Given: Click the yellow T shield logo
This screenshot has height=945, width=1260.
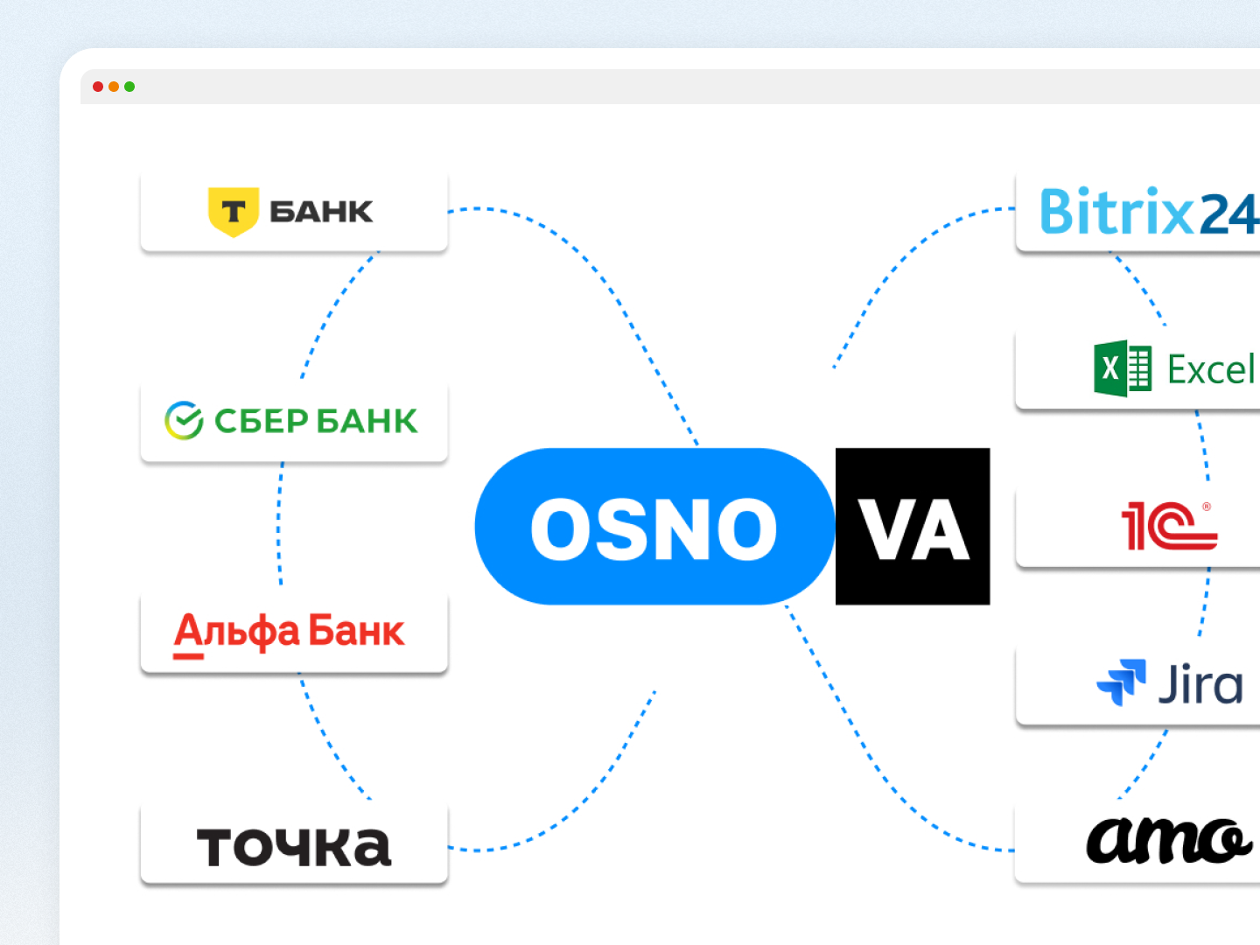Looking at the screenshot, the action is click(234, 212).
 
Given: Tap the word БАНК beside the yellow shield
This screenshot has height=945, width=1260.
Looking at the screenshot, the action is click(321, 212).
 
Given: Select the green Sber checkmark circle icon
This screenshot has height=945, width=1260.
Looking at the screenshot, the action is click(184, 421).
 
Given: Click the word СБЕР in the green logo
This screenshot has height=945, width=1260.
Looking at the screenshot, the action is click(261, 421).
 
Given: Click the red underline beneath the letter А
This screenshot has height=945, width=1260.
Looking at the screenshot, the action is click(188, 656).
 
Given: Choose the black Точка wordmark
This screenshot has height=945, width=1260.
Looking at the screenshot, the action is click(294, 847).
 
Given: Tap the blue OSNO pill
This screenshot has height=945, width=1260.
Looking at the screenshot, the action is click(655, 526).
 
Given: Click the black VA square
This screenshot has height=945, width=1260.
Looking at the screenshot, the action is click(913, 526).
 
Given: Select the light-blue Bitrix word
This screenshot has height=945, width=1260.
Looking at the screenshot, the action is click(1117, 211).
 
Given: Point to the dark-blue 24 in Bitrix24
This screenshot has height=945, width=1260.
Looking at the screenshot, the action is click(1229, 213).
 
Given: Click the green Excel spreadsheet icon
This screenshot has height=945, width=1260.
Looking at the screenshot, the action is click(1123, 368).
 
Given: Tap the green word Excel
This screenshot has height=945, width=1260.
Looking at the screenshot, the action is click(1211, 369).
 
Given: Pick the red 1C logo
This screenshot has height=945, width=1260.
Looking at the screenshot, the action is click(1170, 526).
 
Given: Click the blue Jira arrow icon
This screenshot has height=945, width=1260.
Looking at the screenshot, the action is click(1121, 682).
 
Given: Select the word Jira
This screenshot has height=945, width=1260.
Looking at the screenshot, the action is click(1200, 683).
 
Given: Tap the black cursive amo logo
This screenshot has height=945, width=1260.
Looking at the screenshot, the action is click(1169, 841).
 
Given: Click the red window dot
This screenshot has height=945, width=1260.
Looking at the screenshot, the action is click(98, 87).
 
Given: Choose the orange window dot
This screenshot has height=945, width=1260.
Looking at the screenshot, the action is click(114, 87).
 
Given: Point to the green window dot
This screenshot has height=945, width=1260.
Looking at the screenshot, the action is click(129, 87).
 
